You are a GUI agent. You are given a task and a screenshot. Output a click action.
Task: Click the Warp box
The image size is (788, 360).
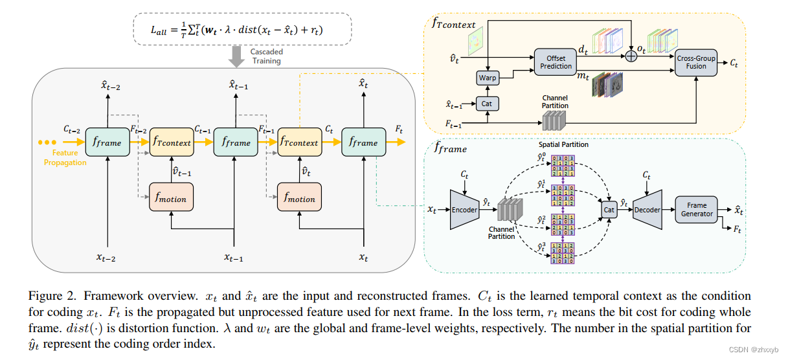(487, 78)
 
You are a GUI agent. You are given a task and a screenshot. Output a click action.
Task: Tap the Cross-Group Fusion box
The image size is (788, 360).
(696, 62)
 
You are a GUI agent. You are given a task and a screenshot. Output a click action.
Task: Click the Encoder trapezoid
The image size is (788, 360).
(464, 210)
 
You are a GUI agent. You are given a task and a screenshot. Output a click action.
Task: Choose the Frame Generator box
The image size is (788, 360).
(697, 210)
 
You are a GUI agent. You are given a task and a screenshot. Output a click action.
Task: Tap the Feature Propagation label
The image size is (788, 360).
(65, 158)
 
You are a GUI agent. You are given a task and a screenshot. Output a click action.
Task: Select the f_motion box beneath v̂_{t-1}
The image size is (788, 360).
(172, 199)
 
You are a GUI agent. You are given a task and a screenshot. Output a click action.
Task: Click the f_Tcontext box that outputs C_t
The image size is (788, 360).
(298, 142)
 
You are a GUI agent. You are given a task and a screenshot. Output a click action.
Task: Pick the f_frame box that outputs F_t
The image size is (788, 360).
(363, 142)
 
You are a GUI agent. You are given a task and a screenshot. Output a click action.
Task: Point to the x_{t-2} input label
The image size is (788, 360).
(107, 258)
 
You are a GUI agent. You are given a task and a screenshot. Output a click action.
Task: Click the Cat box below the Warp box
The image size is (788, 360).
(487, 103)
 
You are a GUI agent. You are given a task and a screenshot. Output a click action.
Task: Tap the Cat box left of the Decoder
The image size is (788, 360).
(609, 210)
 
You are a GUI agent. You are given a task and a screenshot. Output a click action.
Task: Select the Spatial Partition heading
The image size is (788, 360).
(563, 144)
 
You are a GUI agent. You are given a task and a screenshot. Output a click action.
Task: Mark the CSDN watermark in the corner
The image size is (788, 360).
(758, 350)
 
